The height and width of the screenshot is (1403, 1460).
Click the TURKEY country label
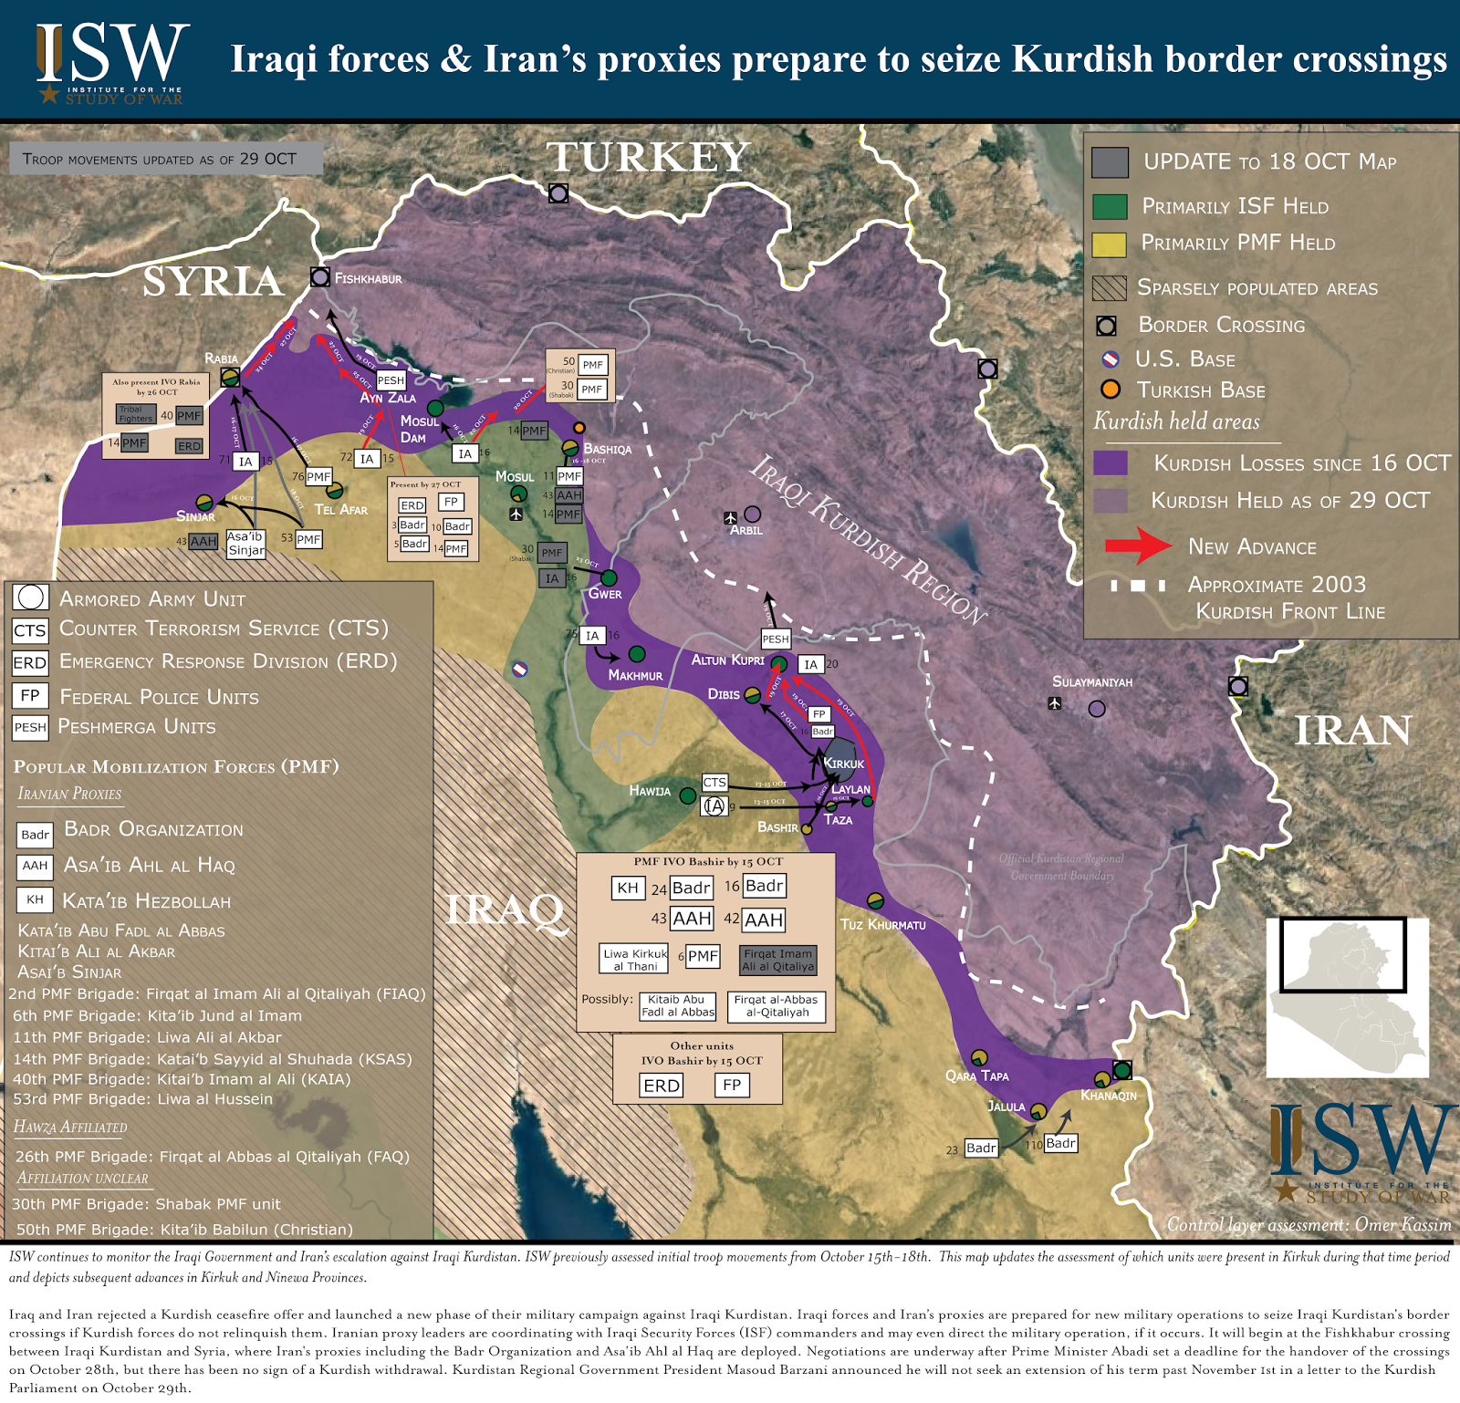point(649,157)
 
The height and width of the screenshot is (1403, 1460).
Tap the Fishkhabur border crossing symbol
point(320,276)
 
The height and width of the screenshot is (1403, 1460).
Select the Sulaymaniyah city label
point(1091,682)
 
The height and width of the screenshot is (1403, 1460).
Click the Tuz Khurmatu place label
point(882,924)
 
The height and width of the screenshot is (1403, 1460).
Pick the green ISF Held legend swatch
point(1110,207)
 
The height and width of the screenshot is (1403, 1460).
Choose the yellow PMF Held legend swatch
point(1110,244)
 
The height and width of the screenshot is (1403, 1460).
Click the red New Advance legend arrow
point(1137,546)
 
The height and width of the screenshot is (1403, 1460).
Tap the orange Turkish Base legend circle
point(1110,390)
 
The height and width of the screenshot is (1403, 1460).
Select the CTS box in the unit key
point(29,630)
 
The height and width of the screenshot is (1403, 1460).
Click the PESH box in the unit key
point(29,727)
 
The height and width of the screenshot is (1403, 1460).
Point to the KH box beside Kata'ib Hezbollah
point(35,900)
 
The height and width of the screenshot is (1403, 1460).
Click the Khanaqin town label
point(1109,1096)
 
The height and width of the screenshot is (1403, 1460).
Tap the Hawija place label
point(650,791)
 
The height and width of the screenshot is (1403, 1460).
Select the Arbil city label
point(746,530)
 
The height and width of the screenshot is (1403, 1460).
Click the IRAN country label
point(1352,731)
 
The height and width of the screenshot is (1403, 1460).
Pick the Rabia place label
point(221,359)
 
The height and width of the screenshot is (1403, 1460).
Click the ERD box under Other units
point(662,1086)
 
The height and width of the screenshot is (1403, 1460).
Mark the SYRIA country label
point(213,281)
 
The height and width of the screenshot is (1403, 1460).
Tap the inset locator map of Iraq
point(1347,996)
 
